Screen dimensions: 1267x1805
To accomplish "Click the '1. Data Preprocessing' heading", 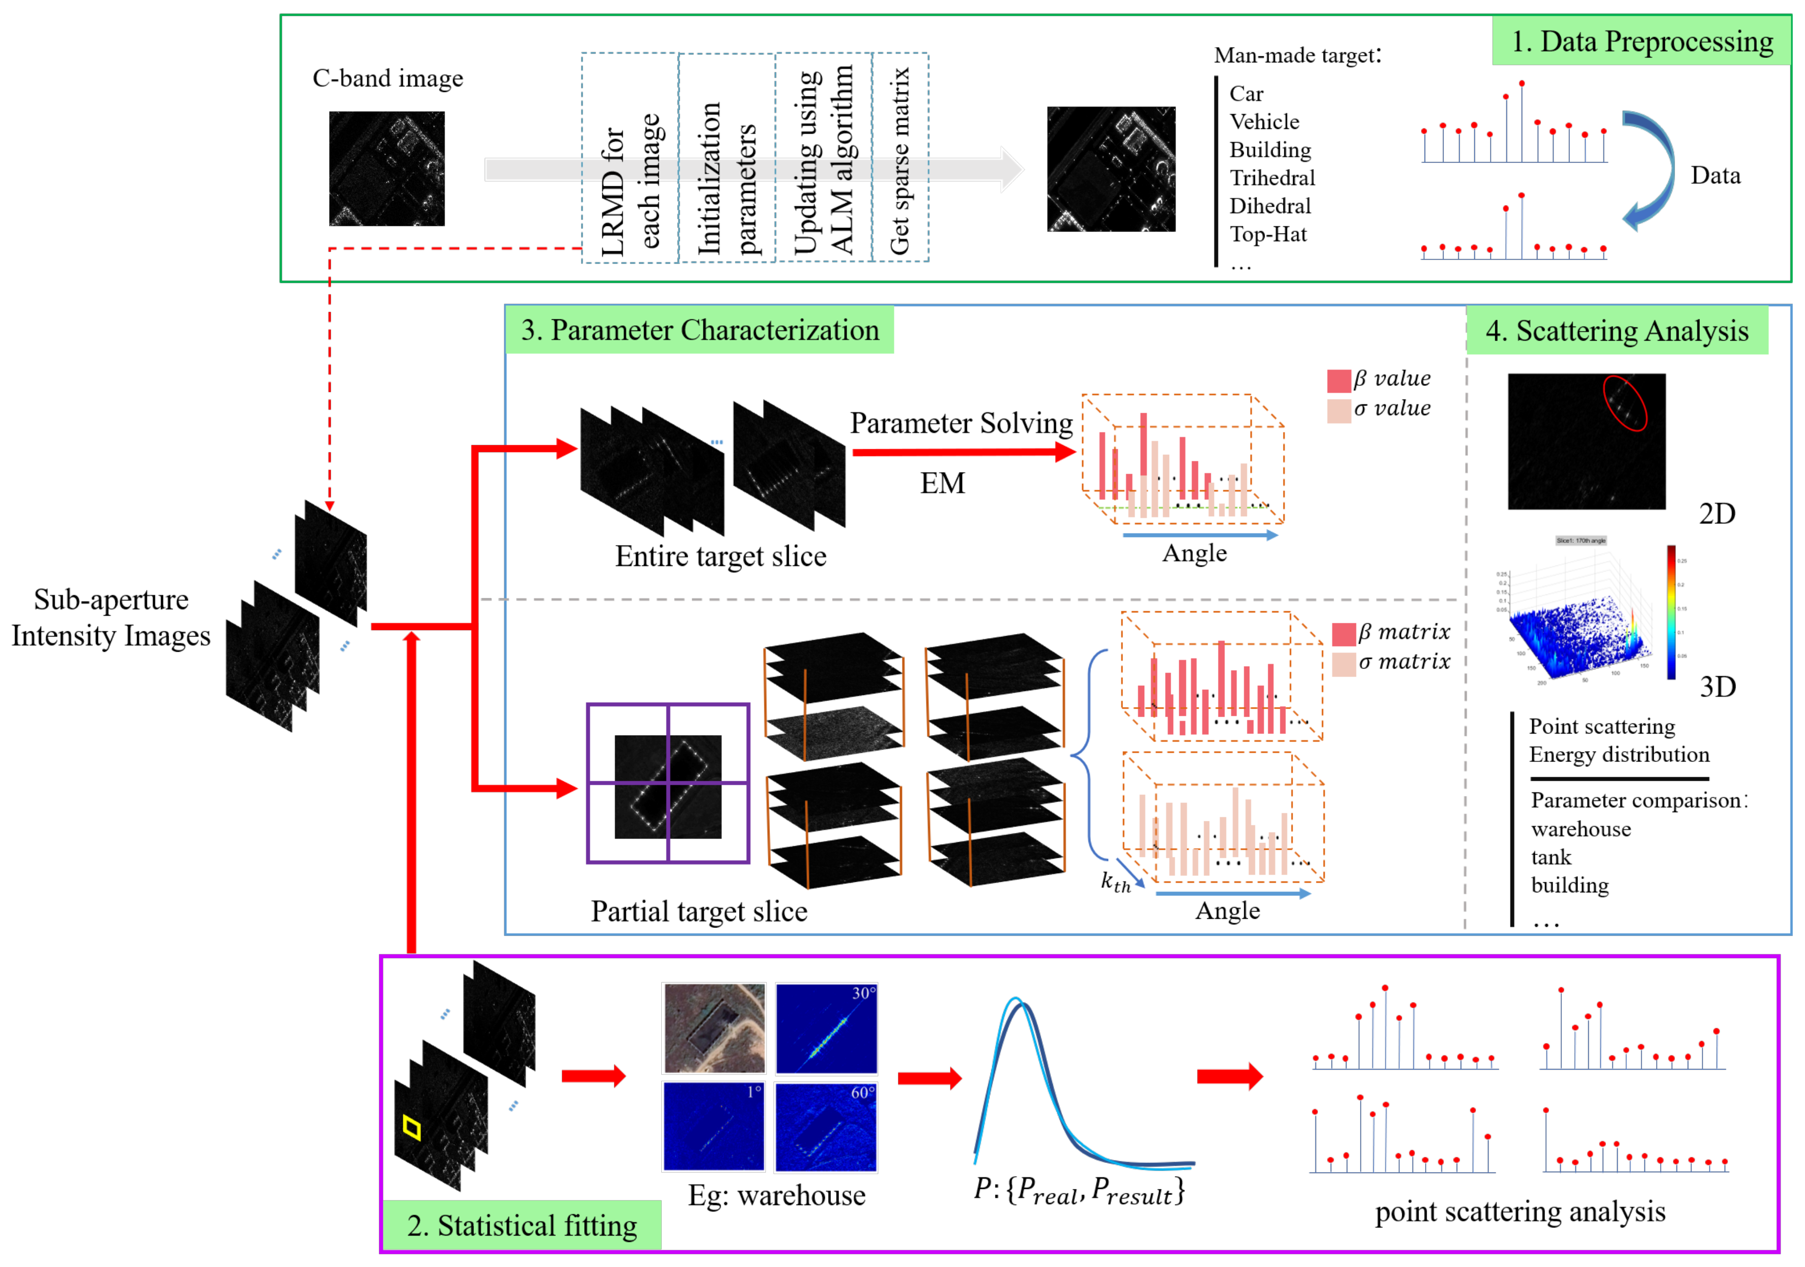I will click(x=1641, y=41).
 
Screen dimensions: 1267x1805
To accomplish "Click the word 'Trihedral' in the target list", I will click(x=1272, y=178).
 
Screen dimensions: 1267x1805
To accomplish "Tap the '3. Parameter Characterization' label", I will click(x=700, y=330).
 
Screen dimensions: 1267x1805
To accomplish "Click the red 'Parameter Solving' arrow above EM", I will click(x=963, y=452).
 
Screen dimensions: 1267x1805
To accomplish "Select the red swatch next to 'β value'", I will click(x=1339, y=380).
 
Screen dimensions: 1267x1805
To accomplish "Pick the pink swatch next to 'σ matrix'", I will click(x=1343, y=664).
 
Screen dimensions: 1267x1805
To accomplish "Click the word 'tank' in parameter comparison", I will click(x=1550, y=857).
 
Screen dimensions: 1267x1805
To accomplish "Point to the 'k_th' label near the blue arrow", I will click(x=1115, y=882).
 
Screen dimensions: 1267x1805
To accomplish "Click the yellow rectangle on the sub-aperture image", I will click(x=412, y=1128).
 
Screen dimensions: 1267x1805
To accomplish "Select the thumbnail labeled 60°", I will click(x=825, y=1126).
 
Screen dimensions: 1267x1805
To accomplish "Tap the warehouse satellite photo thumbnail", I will click(x=714, y=1028).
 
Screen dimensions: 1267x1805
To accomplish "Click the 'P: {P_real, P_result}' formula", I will click(x=1079, y=1191).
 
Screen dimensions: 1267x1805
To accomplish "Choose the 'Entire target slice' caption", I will click(x=720, y=556).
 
